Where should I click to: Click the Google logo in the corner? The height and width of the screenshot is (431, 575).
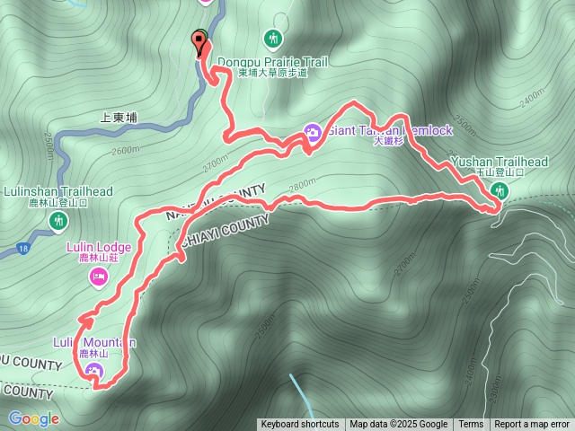click(34, 418)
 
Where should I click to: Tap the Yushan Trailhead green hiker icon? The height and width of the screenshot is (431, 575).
click(500, 190)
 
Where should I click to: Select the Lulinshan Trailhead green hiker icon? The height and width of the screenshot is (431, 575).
click(59, 220)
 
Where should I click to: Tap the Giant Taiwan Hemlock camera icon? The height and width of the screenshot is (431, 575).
click(313, 132)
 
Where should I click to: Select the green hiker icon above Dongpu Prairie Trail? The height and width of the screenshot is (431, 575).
click(273, 38)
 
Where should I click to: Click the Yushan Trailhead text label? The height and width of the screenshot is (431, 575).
click(500, 162)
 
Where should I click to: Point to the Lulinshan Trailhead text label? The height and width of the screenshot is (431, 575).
click(58, 191)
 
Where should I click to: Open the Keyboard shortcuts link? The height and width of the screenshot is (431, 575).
click(300, 425)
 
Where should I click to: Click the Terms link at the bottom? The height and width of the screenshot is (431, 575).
click(471, 425)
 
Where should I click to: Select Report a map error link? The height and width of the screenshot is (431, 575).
click(533, 425)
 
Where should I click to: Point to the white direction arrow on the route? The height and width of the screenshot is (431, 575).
click(88, 318)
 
